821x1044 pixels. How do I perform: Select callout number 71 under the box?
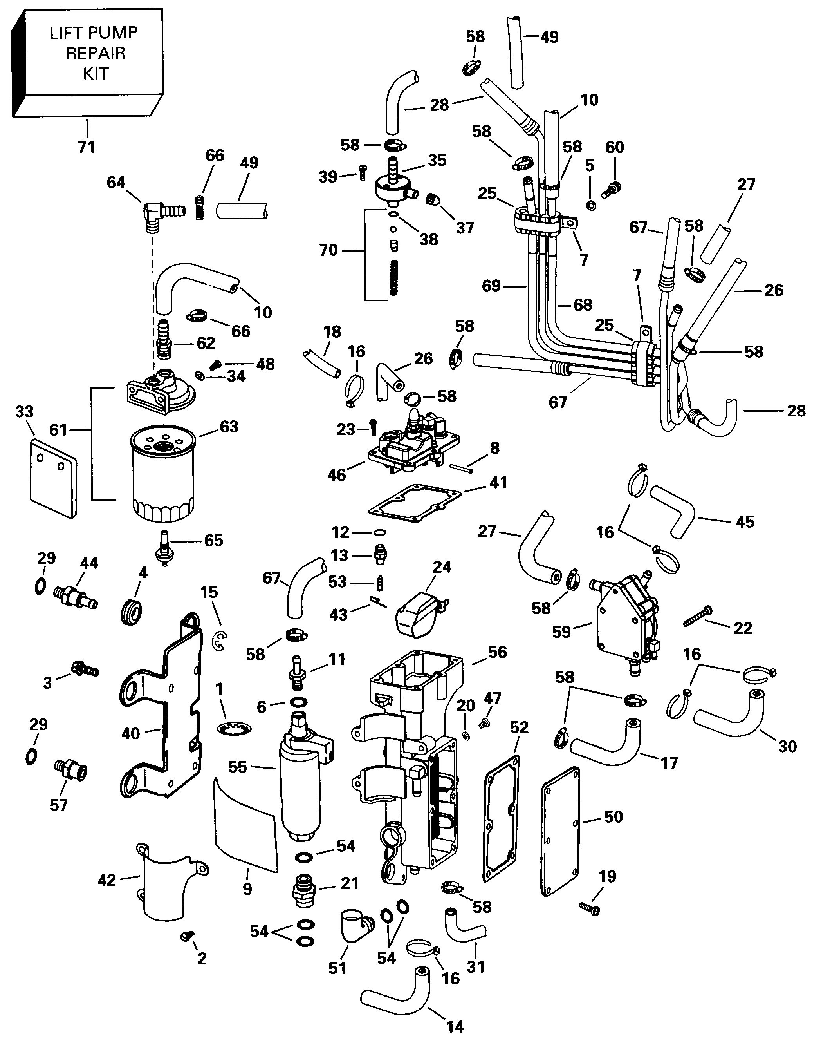point(87,147)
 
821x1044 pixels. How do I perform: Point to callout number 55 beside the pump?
point(238,767)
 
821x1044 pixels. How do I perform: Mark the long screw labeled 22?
point(697,617)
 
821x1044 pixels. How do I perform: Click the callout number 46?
point(336,475)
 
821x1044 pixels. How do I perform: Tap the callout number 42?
point(107,880)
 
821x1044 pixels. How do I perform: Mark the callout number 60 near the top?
point(614,147)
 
